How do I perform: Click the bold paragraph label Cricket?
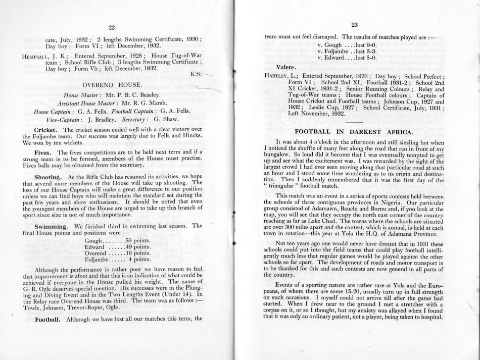coord(47,130)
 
